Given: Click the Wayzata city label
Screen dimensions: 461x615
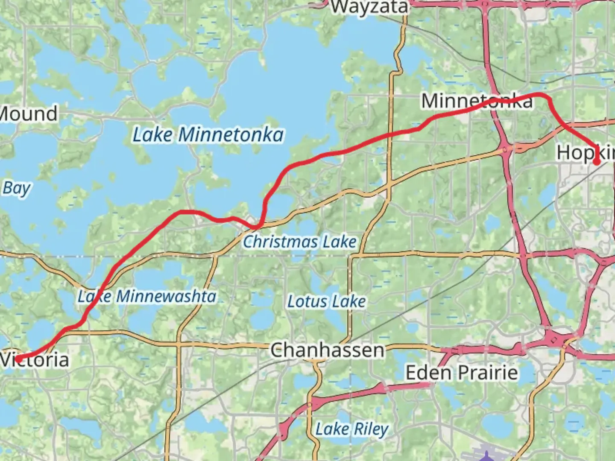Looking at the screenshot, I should tap(370, 7).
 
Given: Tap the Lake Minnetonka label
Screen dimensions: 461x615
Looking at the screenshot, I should tap(208, 135).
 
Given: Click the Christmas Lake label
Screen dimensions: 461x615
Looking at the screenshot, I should tap(299, 242).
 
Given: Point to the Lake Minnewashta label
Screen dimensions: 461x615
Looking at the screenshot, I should tap(147, 296).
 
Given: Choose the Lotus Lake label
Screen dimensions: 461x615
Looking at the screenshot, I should tap(327, 301).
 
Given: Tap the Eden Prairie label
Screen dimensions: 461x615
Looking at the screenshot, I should tap(462, 373).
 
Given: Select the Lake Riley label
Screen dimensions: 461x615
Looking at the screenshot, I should tap(352, 429).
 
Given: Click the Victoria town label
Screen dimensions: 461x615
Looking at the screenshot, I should tap(35, 359).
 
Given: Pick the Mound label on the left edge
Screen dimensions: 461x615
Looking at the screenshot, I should tap(28, 114).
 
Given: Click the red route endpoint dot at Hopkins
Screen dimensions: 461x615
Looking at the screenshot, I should tap(597, 162).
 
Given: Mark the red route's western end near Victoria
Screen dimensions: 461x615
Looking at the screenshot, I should tap(19, 359).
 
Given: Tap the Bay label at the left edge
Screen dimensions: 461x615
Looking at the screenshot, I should tap(17, 188).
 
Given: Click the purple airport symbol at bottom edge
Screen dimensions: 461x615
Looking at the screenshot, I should tap(485, 458).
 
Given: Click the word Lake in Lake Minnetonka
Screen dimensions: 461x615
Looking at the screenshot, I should tap(152, 135).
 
